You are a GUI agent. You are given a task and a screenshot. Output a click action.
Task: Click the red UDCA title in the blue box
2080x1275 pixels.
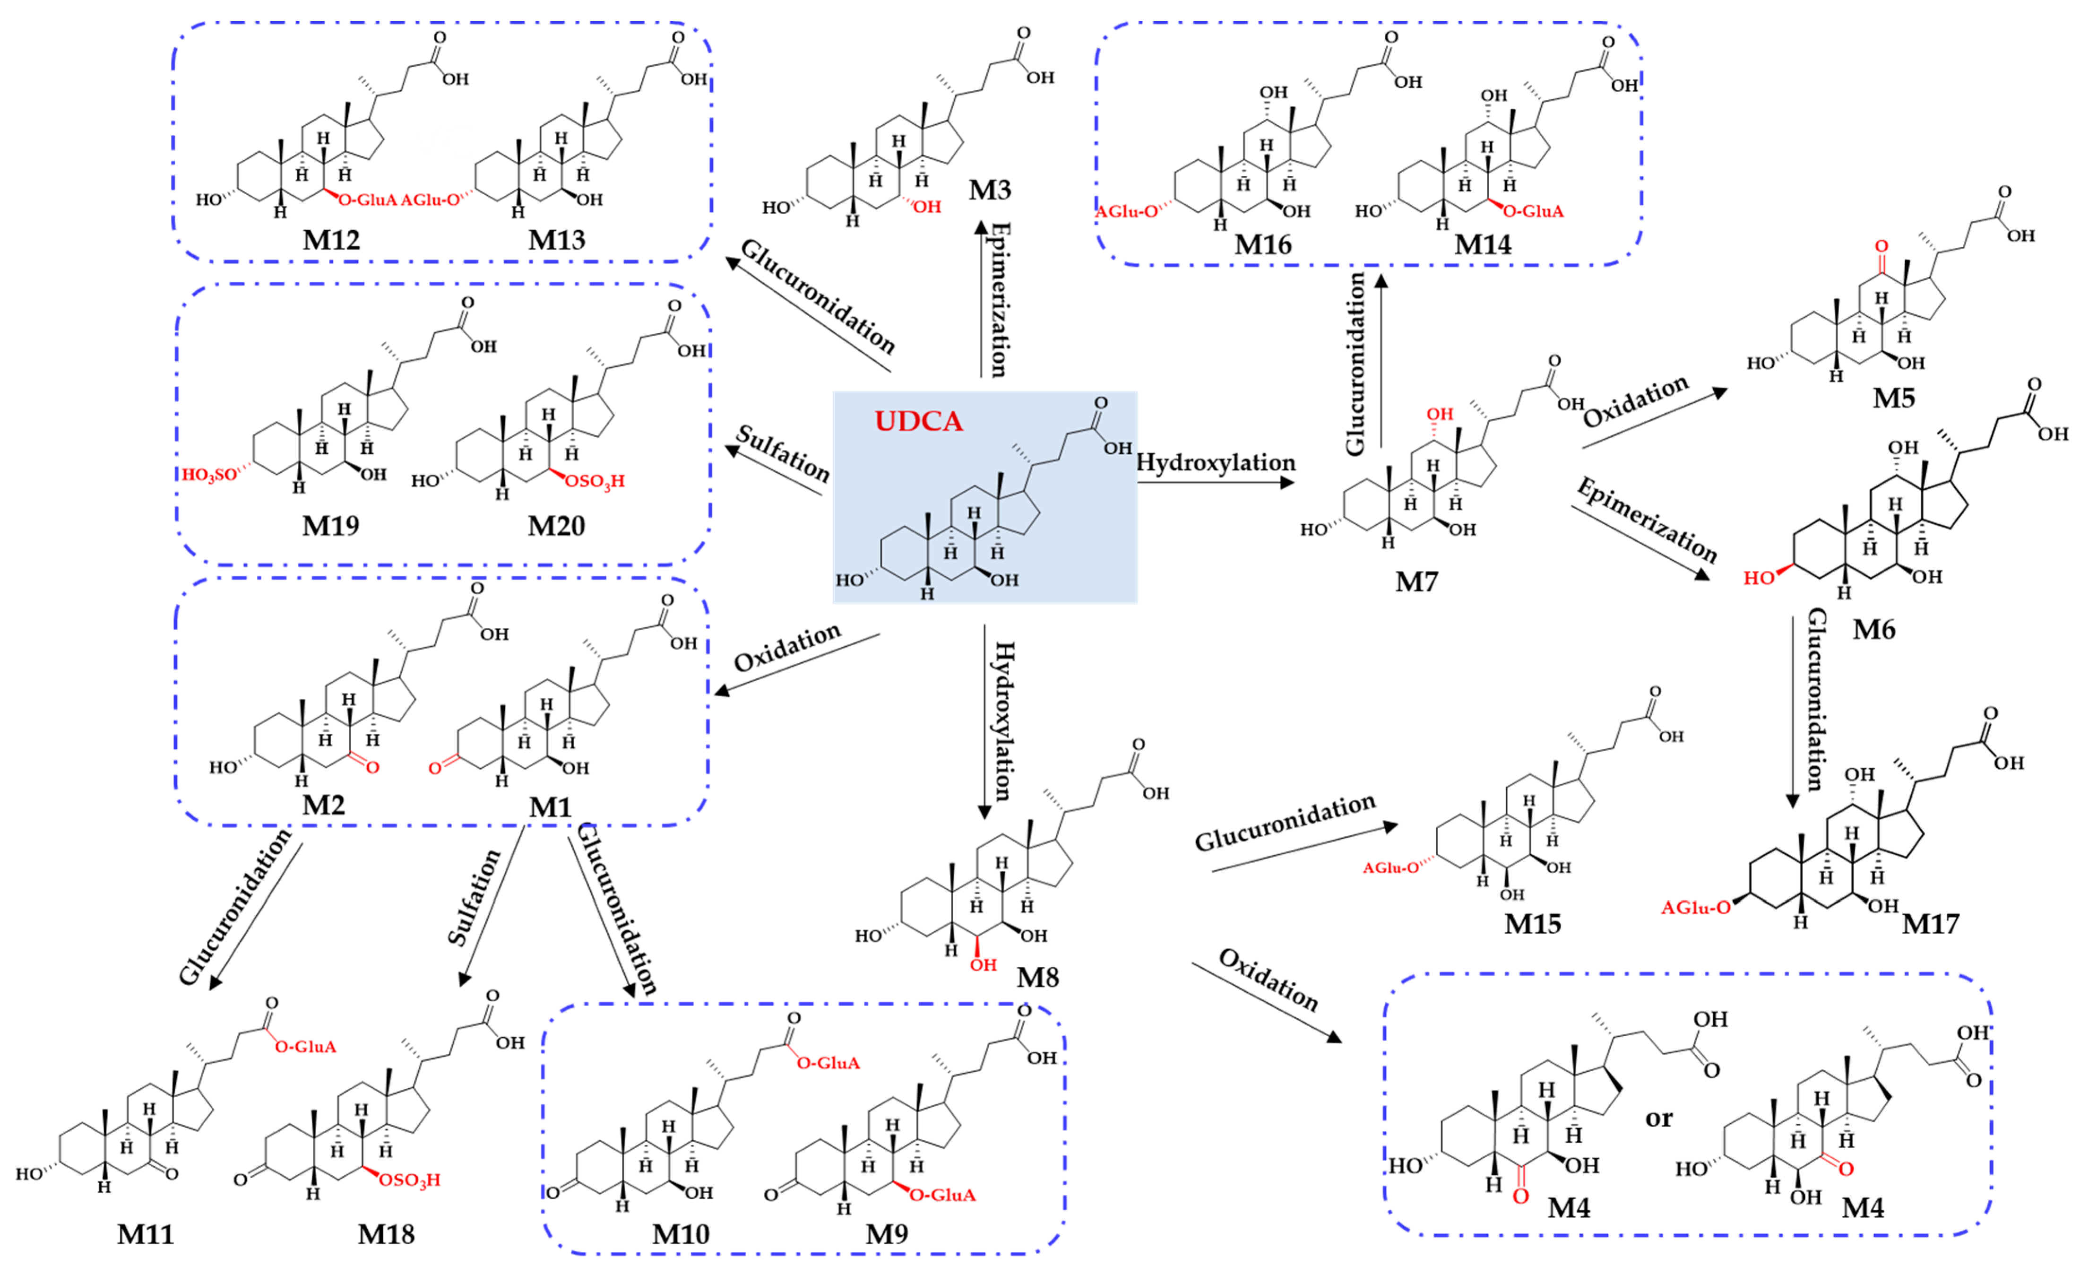[918, 420]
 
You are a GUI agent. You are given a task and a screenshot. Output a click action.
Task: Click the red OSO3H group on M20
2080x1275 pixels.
[595, 481]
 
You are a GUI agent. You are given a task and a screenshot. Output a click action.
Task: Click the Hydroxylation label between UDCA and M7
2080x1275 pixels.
[1216, 463]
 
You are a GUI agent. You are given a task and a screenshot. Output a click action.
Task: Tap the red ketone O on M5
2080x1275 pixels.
[1881, 247]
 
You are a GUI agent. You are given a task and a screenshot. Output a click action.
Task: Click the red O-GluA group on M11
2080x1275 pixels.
[306, 1047]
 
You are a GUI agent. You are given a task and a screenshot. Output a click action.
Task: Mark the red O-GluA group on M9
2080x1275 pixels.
[943, 1195]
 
